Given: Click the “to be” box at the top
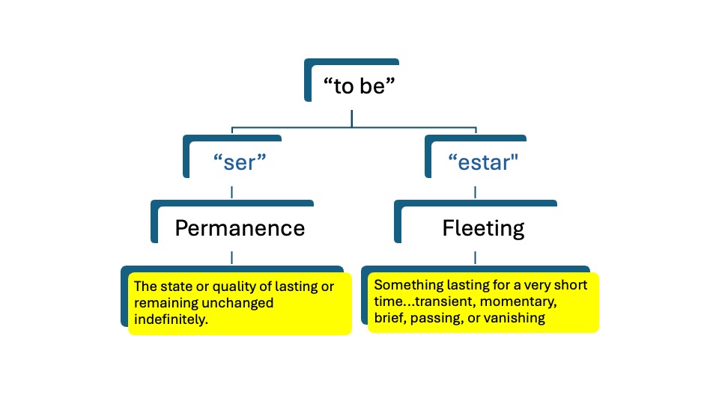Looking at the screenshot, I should pos(358,85).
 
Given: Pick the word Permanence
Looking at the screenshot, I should pos(240,227).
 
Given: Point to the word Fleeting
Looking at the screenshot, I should pos(483,227).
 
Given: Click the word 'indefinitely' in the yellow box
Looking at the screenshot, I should pos(169,319).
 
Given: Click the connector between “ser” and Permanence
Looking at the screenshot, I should pos(231,192).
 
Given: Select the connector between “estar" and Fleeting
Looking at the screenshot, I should pos(474,192).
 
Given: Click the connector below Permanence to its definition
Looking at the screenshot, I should pos(231,258).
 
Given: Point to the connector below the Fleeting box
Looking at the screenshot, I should pos(474,258).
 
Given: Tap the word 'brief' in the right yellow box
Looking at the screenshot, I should pos(389,317).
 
